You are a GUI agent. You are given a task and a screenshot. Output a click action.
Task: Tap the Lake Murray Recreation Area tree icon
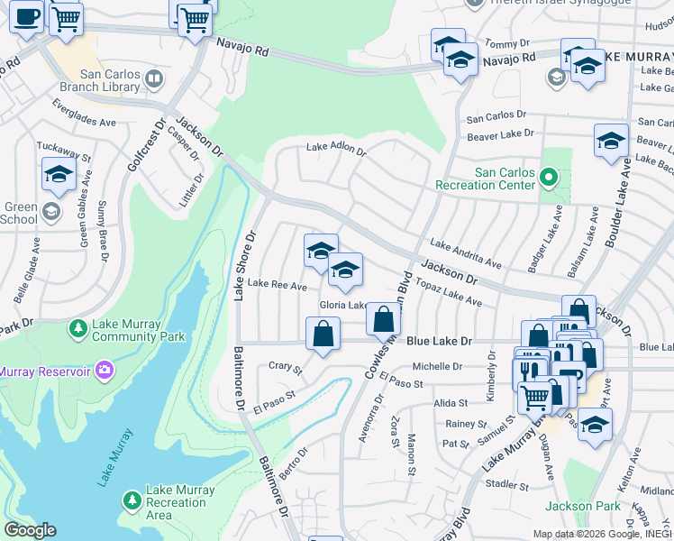132,500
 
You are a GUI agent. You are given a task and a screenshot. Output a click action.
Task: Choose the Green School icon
51,212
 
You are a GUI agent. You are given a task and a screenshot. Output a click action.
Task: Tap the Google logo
30,530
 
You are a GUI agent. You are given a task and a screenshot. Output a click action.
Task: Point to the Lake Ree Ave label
278,285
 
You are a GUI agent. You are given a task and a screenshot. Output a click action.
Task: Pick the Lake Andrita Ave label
466,253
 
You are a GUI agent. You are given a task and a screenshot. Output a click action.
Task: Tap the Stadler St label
506,484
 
